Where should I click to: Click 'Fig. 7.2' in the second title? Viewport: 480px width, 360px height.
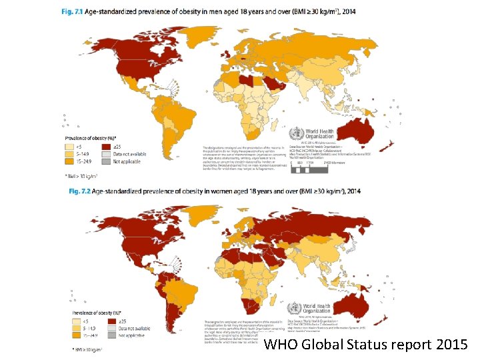[x=81, y=191]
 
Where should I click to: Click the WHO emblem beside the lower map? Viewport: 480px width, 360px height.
[x=294, y=309]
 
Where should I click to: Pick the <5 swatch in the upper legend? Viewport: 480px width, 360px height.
[x=69, y=148]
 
